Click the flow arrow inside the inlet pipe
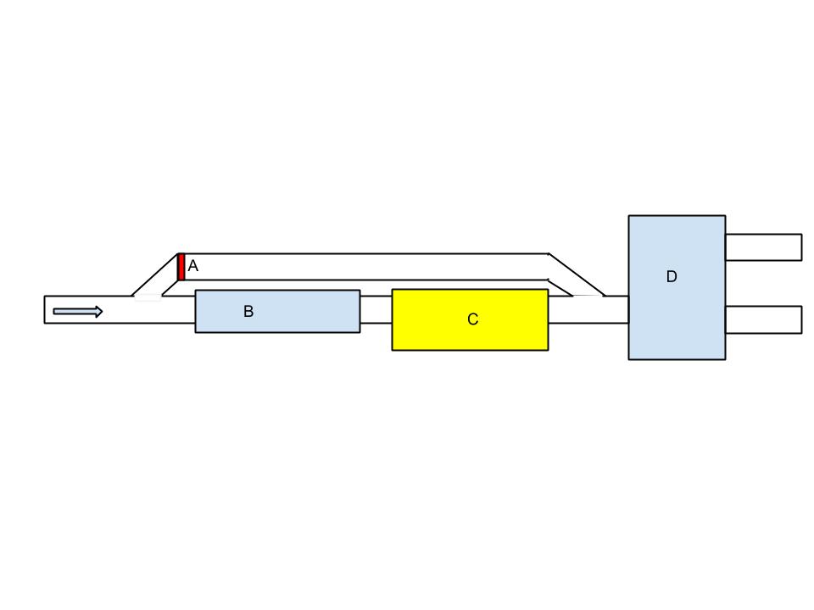click(x=77, y=312)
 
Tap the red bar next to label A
click(x=181, y=267)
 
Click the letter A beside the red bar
click(x=193, y=266)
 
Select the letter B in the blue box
click(x=248, y=312)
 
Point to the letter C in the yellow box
click(x=473, y=319)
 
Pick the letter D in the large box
click(x=672, y=277)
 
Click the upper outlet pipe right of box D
click(x=763, y=247)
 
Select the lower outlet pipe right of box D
click(x=763, y=319)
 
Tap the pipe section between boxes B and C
click(x=376, y=310)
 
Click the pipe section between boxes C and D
click(x=588, y=310)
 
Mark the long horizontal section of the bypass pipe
click(x=365, y=267)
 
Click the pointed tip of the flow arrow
click(x=102, y=312)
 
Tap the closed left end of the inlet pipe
click(x=45, y=309)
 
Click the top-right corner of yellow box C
click(x=548, y=290)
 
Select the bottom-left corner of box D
click(x=629, y=359)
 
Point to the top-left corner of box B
click(x=196, y=291)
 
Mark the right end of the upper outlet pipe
click(x=800, y=247)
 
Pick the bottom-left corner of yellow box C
click(x=393, y=349)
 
